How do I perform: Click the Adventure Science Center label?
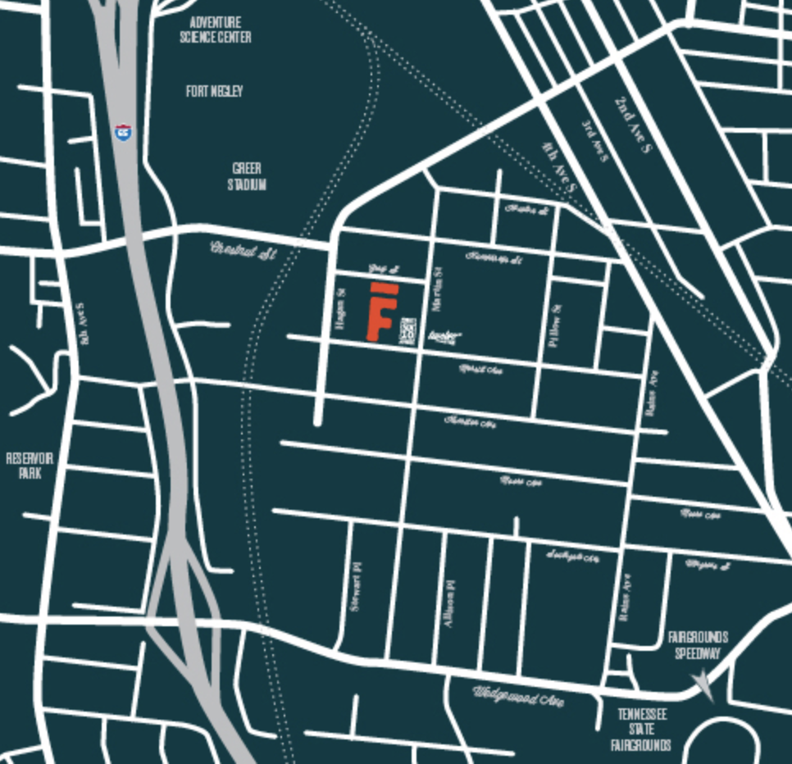[216, 30]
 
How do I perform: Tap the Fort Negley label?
[214, 91]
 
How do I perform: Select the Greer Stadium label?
[247, 176]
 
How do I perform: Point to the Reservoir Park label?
[30, 465]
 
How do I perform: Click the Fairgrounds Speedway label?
[698, 645]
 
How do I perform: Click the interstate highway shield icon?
[123, 131]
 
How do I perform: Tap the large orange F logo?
[381, 312]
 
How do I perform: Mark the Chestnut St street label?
[244, 249]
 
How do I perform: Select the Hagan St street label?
[341, 309]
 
